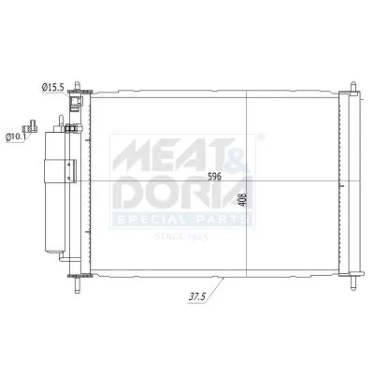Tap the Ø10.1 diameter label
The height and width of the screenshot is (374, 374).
pos(16,137)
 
